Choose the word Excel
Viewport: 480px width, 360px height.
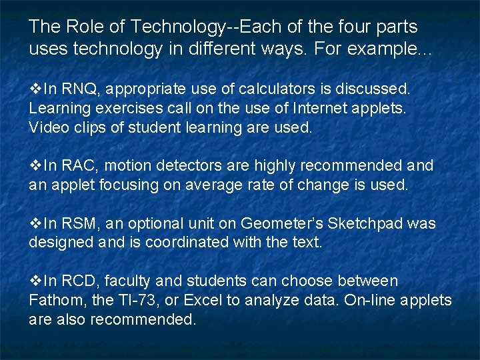click(x=203, y=301)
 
